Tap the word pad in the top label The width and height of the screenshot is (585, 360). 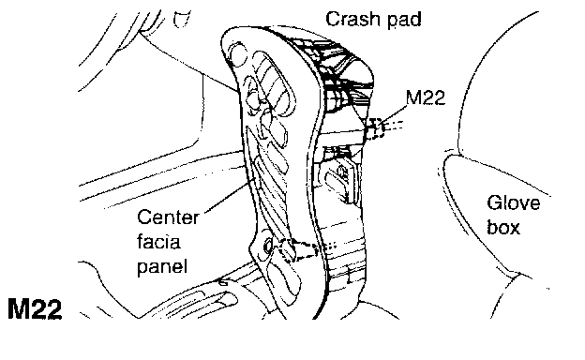pyautogui.click(x=405, y=20)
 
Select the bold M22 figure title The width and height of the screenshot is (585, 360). pyautogui.click(x=35, y=308)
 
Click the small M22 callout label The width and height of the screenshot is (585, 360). pyautogui.click(x=426, y=97)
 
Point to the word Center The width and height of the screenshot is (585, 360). pyautogui.click(x=168, y=217)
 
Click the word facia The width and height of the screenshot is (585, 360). pyautogui.click(x=158, y=241)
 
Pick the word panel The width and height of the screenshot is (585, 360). pyautogui.click(x=161, y=267)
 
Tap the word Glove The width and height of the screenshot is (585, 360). pyautogui.click(x=514, y=202)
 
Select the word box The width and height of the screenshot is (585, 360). pyautogui.click(x=503, y=227)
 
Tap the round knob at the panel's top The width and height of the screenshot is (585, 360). pyautogui.click(x=238, y=53)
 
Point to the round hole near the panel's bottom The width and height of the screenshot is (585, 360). pyautogui.click(x=268, y=247)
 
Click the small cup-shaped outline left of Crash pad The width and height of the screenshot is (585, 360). pyautogui.click(x=183, y=20)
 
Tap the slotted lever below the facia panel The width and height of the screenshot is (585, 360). pyautogui.click(x=218, y=298)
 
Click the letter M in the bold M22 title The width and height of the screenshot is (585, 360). pyautogui.click(x=18, y=308)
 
